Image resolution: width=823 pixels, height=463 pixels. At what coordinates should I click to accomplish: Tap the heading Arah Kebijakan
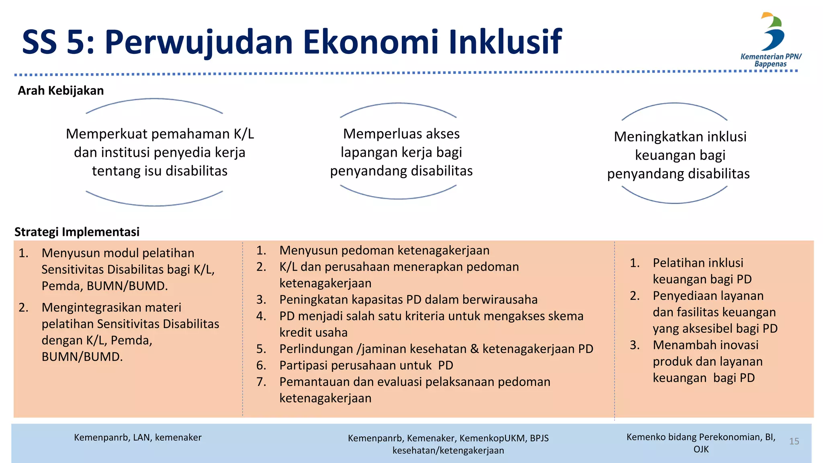(61, 90)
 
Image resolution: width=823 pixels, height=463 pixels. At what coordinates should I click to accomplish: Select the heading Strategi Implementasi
(77, 232)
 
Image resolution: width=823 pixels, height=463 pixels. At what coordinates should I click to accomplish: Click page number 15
(794, 441)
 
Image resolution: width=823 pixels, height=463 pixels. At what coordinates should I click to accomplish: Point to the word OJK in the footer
(701, 449)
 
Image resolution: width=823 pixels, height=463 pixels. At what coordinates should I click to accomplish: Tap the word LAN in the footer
(141, 437)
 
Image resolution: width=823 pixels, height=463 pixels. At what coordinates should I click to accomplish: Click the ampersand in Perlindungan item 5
(475, 349)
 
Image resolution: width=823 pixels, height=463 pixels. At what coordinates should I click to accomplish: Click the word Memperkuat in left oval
(104, 134)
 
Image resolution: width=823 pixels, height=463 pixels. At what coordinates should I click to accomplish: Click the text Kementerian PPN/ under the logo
(771, 57)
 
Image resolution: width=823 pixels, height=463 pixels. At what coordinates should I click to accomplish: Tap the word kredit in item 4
(297, 333)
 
